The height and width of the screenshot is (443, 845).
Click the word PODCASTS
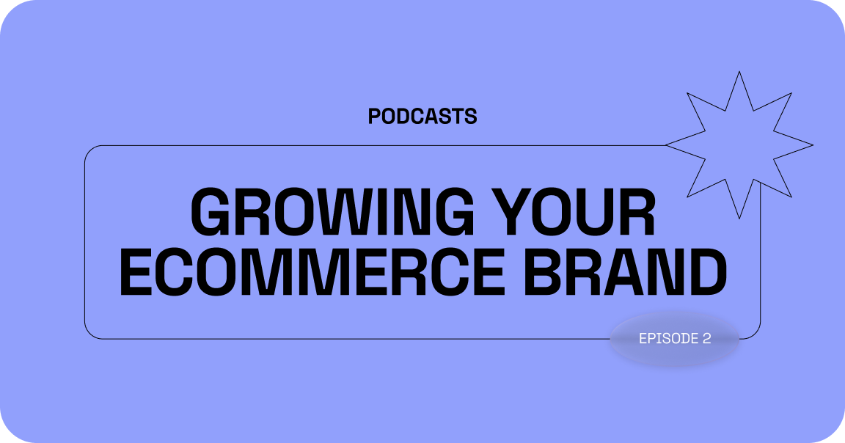[422, 117]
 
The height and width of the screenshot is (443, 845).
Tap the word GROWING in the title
[332, 212]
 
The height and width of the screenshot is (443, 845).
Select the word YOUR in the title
[574, 212]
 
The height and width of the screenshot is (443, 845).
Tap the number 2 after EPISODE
[707, 338]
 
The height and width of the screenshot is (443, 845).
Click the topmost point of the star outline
[739, 71]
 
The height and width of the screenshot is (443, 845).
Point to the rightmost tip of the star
[813, 145]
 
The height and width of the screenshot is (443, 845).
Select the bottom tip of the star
[739, 219]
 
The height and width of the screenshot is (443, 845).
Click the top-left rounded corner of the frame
[90, 150]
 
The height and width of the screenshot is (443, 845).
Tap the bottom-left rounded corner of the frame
[90, 334]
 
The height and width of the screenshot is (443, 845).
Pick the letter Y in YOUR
[511, 212]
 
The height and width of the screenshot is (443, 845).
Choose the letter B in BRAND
[544, 272]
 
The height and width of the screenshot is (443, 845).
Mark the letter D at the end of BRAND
[708, 272]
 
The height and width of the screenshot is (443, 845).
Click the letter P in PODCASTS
[375, 117]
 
